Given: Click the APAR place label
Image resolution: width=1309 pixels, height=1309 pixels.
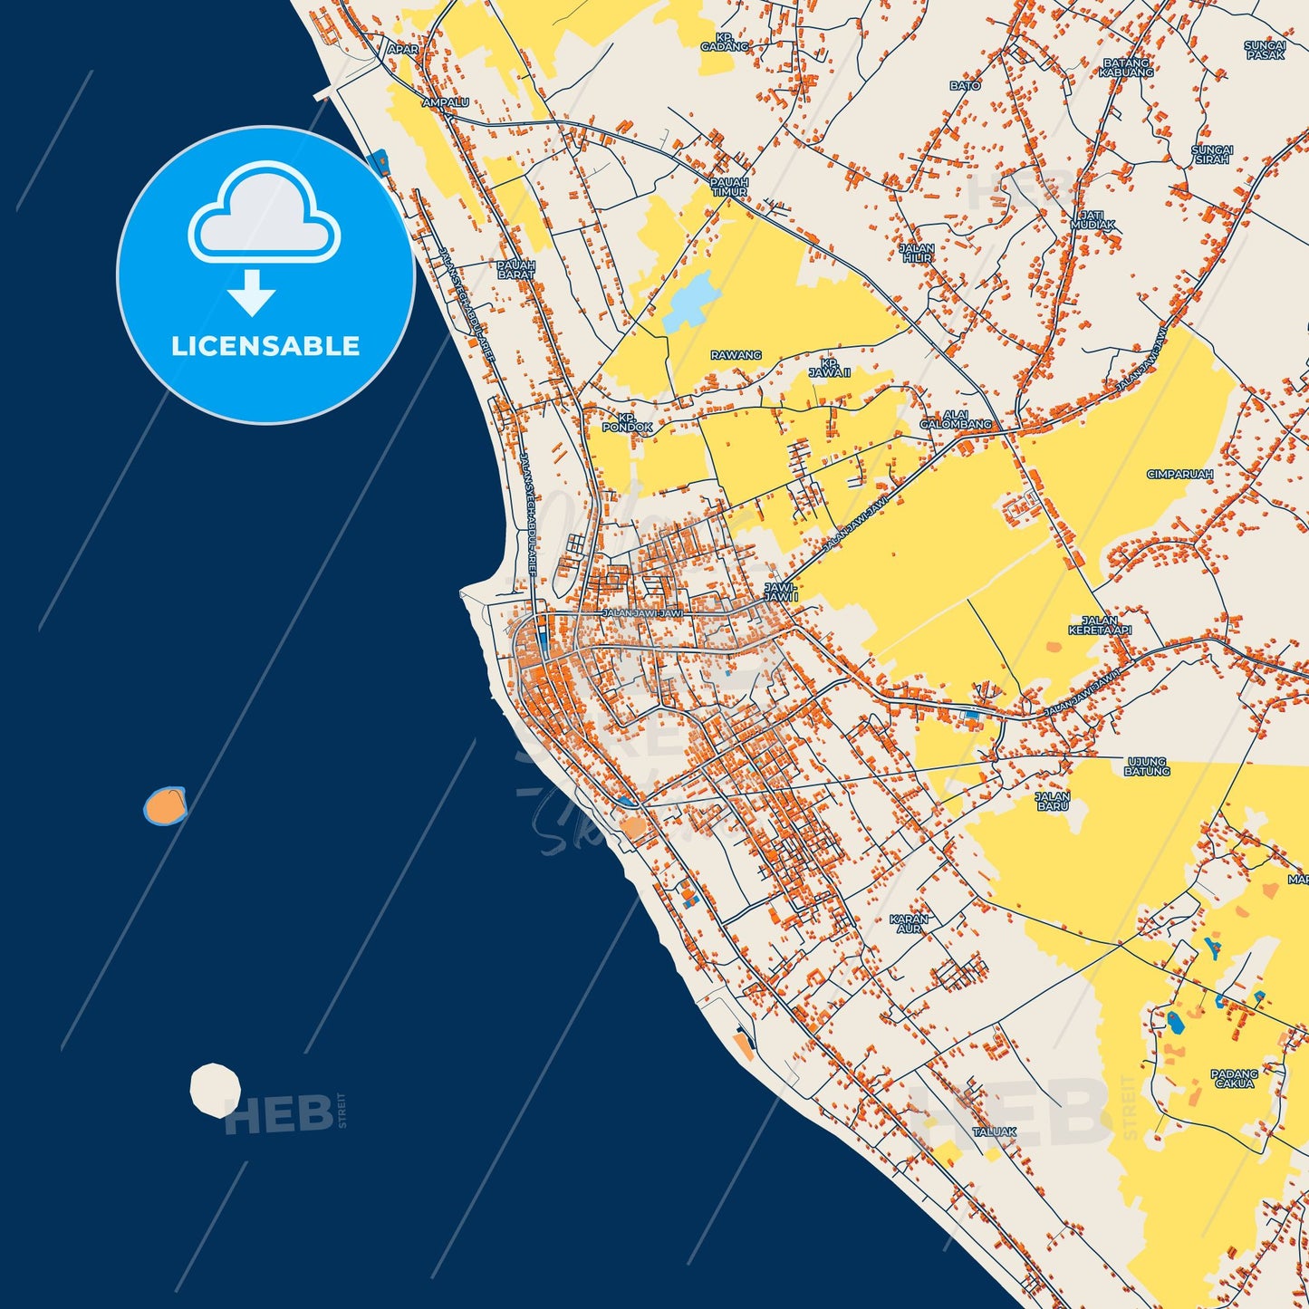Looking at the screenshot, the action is point(403,50).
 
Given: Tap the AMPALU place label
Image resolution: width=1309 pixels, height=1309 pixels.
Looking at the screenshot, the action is point(439,103).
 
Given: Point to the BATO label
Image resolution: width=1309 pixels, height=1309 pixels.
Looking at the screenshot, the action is point(965,86).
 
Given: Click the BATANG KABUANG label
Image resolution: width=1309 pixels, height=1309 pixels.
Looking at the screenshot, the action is point(1126,68).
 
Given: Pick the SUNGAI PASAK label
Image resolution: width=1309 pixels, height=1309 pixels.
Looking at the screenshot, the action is point(1266,50).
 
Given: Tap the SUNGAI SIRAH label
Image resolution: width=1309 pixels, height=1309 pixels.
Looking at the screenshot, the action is point(1212,154).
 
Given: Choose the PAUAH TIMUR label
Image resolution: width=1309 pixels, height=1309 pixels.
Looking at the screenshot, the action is point(729,187).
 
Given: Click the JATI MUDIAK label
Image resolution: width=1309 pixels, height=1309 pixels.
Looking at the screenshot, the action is point(1092,219).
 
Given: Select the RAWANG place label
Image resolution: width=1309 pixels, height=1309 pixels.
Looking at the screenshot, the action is point(736,355).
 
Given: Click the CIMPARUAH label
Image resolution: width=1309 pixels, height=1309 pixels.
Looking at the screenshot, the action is point(1179,474).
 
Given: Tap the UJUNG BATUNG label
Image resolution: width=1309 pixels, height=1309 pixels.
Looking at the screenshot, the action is point(1147,766).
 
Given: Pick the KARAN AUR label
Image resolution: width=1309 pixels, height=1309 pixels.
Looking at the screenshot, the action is point(909,923).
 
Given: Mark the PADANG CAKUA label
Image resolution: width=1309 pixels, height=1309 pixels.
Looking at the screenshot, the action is point(1235,1078).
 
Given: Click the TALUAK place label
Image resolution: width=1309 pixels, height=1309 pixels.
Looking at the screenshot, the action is point(994,1131).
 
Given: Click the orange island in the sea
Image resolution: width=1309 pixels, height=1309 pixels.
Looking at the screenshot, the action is point(165,805).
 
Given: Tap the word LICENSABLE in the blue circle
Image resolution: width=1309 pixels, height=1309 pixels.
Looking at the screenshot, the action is point(265,346).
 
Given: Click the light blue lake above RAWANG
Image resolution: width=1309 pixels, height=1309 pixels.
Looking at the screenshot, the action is point(690,300).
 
